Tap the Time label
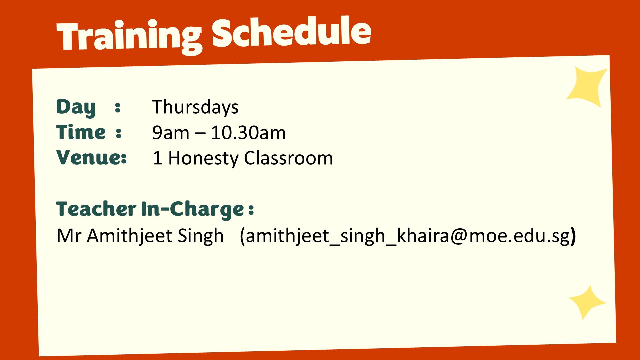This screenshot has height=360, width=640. (81, 132)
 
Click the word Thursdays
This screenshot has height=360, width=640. (195, 107)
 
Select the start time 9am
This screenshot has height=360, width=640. (171, 133)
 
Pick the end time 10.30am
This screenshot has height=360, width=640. (248, 133)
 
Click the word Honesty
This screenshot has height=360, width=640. (203, 158)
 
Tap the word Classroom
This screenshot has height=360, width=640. (289, 158)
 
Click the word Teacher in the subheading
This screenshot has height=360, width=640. (96, 209)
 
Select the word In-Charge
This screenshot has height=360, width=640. (193, 209)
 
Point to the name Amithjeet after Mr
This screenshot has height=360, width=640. (130, 236)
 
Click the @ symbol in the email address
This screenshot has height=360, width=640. (459, 236)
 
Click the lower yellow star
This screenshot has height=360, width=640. (587, 303)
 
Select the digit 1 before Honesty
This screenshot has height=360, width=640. (157, 158)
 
